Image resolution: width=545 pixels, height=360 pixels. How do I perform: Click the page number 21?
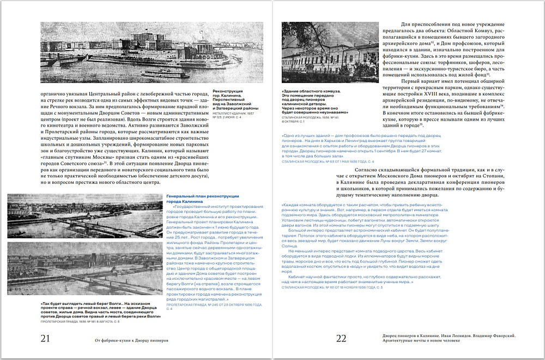(x=46, y=339)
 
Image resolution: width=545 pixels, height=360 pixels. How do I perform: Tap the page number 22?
(x=341, y=339)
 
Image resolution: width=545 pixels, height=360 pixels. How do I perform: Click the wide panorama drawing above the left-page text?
(x=152, y=53)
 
